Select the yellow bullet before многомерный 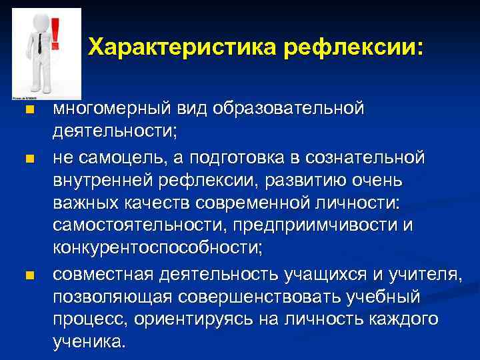27,109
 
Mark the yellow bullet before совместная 27,275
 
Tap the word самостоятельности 136,225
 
